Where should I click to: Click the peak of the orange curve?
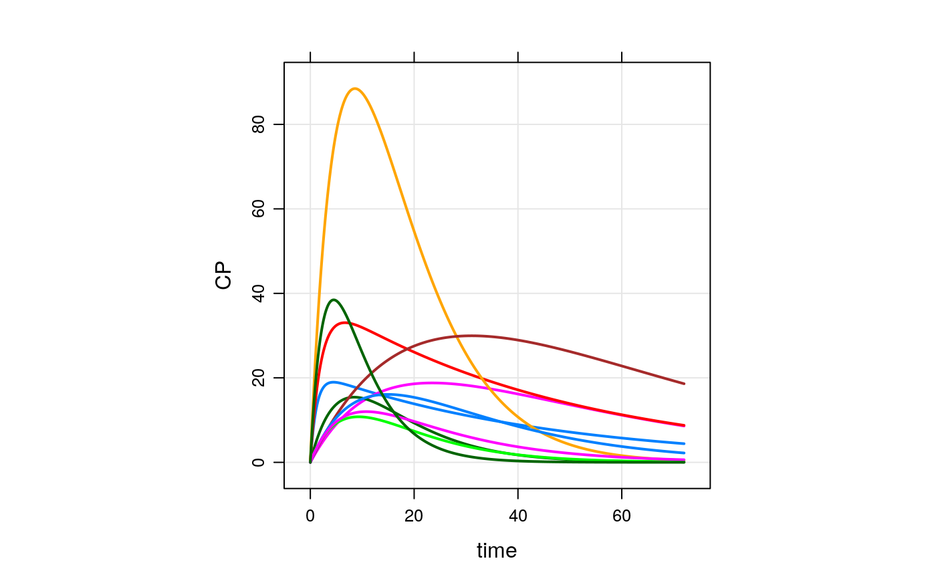tap(354, 88)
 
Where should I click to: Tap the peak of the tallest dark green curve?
tap(334, 300)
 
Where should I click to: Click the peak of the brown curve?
tap(471, 336)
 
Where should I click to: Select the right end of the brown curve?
tap(685, 384)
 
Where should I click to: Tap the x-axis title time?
tap(497, 551)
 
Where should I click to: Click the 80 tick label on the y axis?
tap(258, 124)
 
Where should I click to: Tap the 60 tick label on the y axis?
tap(258, 209)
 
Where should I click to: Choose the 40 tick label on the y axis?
tap(258, 294)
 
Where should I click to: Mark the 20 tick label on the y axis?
tap(258, 378)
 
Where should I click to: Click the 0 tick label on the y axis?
tap(258, 462)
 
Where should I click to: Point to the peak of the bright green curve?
tap(360, 417)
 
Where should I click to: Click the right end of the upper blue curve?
tap(685, 443)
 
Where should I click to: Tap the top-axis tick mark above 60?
tap(622, 57)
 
